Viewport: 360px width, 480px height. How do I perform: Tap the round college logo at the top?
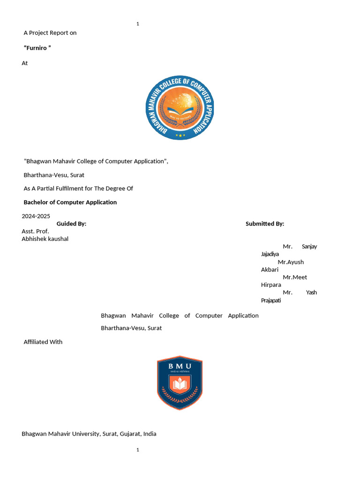click(x=180, y=108)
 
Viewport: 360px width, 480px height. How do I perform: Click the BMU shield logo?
click(x=180, y=382)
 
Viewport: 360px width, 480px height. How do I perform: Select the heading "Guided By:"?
click(x=71, y=224)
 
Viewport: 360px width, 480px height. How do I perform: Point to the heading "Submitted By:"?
click(x=265, y=224)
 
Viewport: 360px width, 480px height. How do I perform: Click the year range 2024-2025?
click(x=36, y=216)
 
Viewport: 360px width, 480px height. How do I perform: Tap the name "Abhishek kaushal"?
click(x=45, y=239)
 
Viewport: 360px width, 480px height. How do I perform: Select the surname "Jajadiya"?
click(x=270, y=254)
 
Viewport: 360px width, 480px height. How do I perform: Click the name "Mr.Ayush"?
click(x=291, y=262)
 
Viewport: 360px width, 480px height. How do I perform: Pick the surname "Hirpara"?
click(x=271, y=285)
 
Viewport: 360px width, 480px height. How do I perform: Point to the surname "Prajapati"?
click(x=271, y=300)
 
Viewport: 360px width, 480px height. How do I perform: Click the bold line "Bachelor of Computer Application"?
click(x=70, y=202)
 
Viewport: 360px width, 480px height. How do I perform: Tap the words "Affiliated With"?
click(x=43, y=342)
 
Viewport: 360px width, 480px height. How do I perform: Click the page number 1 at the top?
click(x=138, y=23)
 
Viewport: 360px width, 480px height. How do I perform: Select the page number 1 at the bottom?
click(x=138, y=450)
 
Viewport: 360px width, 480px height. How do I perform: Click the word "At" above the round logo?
click(x=25, y=63)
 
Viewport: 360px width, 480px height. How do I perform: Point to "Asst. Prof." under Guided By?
click(x=35, y=232)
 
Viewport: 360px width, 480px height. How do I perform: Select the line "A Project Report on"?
click(x=50, y=33)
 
